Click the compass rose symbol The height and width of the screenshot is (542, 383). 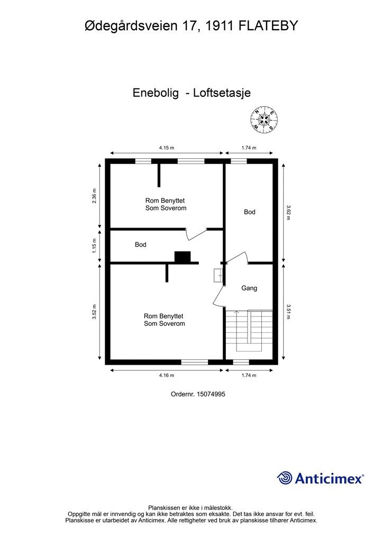point(263,120)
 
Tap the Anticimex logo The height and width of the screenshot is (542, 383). point(321,478)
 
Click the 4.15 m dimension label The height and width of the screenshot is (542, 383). point(167,148)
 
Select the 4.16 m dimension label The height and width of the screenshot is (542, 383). point(167,375)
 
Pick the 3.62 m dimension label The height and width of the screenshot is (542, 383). point(289,212)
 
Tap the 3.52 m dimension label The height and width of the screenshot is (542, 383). point(95,311)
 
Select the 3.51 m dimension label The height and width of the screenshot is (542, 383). point(289,311)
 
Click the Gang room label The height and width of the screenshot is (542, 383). point(249,288)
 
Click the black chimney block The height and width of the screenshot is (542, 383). point(183,257)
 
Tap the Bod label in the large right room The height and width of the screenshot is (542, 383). point(249,212)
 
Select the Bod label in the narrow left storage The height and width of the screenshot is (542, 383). point(140,245)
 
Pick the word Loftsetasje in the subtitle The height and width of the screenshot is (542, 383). point(222,93)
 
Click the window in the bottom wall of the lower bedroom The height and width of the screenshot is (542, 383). point(195,362)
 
